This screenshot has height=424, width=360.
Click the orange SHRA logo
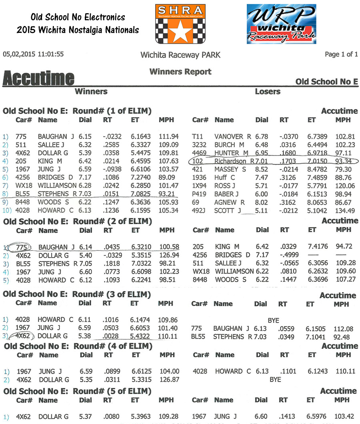[180, 24]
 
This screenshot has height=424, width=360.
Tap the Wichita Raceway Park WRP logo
[281, 24]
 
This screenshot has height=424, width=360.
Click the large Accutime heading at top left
[38, 78]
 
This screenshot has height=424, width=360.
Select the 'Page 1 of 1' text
[341, 54]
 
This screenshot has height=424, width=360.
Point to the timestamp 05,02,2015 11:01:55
[33, 54]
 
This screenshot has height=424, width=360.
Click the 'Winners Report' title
[180, 72]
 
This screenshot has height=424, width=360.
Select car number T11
[198, 136]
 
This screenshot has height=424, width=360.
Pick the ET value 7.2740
[140, 178]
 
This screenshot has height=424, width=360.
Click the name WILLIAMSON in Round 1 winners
[57, 186]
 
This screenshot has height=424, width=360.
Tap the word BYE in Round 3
[274, 320]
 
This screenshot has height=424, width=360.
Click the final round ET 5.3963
[140, 416]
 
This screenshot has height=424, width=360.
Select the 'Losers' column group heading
[267, 92]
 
